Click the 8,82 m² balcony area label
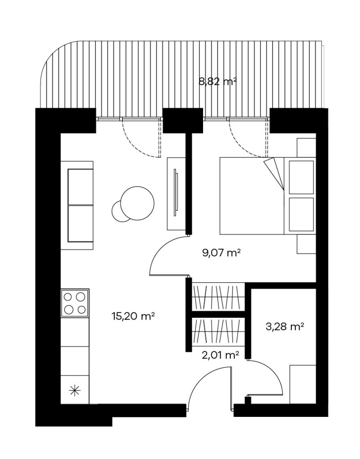(217, 82)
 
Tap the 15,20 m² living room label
(133, 316)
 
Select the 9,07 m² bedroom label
(221, 252)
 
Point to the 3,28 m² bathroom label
(285, 326)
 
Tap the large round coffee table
(137, 203)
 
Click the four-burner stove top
(74, 303)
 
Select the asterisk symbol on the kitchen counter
(74, 391)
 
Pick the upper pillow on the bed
(301, 177)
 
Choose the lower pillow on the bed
(301, 215)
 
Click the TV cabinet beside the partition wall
(176, 194)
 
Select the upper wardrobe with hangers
(218, 297)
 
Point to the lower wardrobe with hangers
(218, 331)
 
